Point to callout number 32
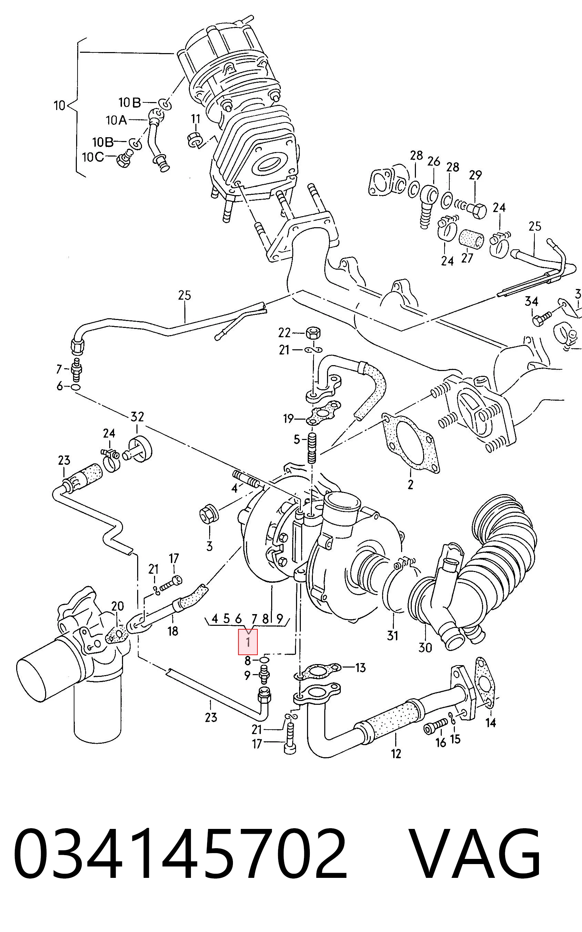(x=137, y=417)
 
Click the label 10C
(x=93, y=157)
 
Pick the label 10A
(x=116, y=121)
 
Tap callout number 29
(x=476, y=175)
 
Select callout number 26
(x=433, y=161)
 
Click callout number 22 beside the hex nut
(x=285, y=332)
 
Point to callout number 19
(x=289, y=419)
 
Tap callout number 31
(x=392, y=635)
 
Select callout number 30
(x=425, y=648)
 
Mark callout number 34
(x=532, y=301)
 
